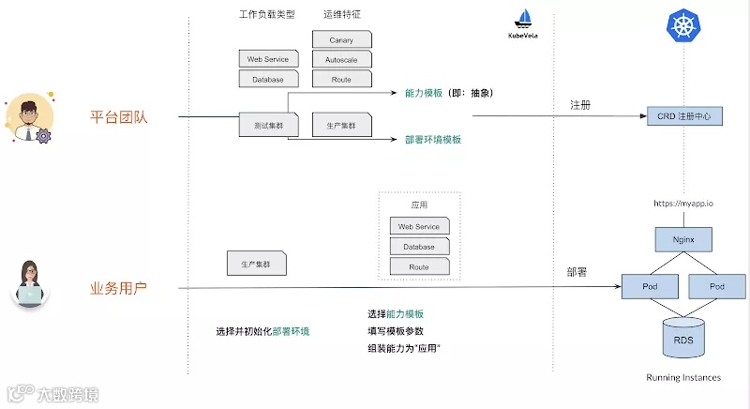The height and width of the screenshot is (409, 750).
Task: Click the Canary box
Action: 341,40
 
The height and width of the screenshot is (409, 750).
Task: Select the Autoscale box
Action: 341,60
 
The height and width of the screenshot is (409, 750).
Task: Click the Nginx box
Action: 684,239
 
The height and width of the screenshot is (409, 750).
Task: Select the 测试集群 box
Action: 262,125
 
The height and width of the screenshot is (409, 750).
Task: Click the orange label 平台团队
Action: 119,118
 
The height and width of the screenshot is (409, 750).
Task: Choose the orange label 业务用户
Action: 119,289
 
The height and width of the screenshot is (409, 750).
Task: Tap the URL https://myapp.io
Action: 684,203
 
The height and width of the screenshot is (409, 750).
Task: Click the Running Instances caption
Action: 683,378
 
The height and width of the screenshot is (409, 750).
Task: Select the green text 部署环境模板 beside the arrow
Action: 433,140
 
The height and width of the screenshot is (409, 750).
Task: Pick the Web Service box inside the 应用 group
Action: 419,227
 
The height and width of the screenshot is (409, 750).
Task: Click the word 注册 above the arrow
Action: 580,106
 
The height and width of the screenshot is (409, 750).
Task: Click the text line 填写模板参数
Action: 396,331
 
